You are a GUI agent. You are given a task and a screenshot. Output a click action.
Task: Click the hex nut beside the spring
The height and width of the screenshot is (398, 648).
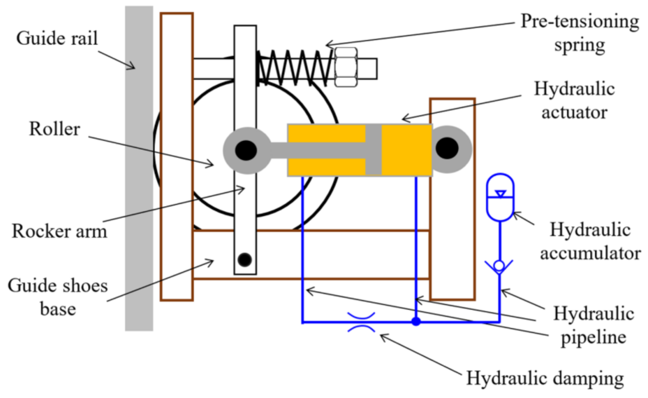click(x=346, y=67)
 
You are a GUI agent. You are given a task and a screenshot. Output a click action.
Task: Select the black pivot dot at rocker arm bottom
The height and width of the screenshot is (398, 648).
click(x=245, y=260)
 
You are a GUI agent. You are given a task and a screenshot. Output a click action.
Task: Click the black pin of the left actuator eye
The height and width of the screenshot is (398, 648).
click(x=246, y=151)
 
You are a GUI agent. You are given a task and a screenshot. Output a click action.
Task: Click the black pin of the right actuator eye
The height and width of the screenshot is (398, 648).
click(x=447, y=148)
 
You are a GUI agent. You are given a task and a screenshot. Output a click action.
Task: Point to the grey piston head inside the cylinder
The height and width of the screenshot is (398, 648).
click(x=373, y=150)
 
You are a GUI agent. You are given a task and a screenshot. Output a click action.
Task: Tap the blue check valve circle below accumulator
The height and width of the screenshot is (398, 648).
click(x=499, y=266)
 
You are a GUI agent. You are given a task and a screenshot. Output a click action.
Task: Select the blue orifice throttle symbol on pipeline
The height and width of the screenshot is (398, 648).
click(x=361, y=322)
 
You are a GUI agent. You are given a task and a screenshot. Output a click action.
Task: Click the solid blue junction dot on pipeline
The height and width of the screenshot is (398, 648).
click(x=416, y=322)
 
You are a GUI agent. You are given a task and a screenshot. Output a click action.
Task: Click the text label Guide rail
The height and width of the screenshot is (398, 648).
click(x=57, y=39)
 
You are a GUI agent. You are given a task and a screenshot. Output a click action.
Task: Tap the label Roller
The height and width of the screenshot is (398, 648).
click(x=54, y=129)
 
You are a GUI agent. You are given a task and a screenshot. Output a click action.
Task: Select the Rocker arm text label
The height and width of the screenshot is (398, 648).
click(x=59, y=231)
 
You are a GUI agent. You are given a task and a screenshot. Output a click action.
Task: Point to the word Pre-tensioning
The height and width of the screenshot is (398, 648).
click(x=580, y=21)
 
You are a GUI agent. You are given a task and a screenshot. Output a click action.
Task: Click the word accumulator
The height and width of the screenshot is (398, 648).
click(x=590, y=253)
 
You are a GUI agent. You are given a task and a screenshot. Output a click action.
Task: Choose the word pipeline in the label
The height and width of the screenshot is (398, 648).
click(x=594, y=338)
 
